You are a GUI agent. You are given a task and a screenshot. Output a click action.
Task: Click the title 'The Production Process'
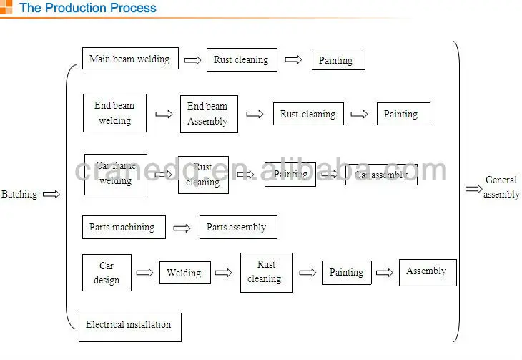pos(87,9)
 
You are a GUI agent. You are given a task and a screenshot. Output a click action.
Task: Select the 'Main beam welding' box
pos(130,59)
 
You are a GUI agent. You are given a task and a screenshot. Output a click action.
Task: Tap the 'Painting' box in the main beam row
pos(338,60)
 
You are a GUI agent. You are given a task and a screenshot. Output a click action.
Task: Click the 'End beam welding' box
pos(114,113)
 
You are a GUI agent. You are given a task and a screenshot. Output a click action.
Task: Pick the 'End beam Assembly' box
pos(209,114)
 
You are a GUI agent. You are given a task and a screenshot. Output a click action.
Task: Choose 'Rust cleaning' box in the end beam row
pos(308,114)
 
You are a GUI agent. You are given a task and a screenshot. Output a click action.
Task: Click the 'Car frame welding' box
pos(116,174)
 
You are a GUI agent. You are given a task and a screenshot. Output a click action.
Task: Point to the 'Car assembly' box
pos(381,175)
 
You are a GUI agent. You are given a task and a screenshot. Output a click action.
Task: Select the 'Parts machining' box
pos(123,228)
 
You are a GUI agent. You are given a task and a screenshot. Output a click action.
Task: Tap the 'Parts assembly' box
pos(237,228)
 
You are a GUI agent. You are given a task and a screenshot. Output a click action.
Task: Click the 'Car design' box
pos(107,273)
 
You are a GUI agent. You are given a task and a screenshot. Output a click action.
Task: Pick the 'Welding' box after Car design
pos(184,273)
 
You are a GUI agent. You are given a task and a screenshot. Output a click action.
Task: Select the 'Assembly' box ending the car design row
pos(426,272)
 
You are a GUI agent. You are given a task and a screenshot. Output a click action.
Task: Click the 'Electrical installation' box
pos(129,326)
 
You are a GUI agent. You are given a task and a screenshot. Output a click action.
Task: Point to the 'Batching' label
pos(19,194)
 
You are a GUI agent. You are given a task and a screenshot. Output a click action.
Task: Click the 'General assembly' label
pos(501,188)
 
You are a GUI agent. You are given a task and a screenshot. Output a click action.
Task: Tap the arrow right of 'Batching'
pos(51,194)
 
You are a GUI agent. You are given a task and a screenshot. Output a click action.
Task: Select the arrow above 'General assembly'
pos(473,189)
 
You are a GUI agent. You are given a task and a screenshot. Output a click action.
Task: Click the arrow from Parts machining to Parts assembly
pos(182,228)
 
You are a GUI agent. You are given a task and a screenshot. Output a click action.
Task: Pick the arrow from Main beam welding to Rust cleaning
pos(192,60)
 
